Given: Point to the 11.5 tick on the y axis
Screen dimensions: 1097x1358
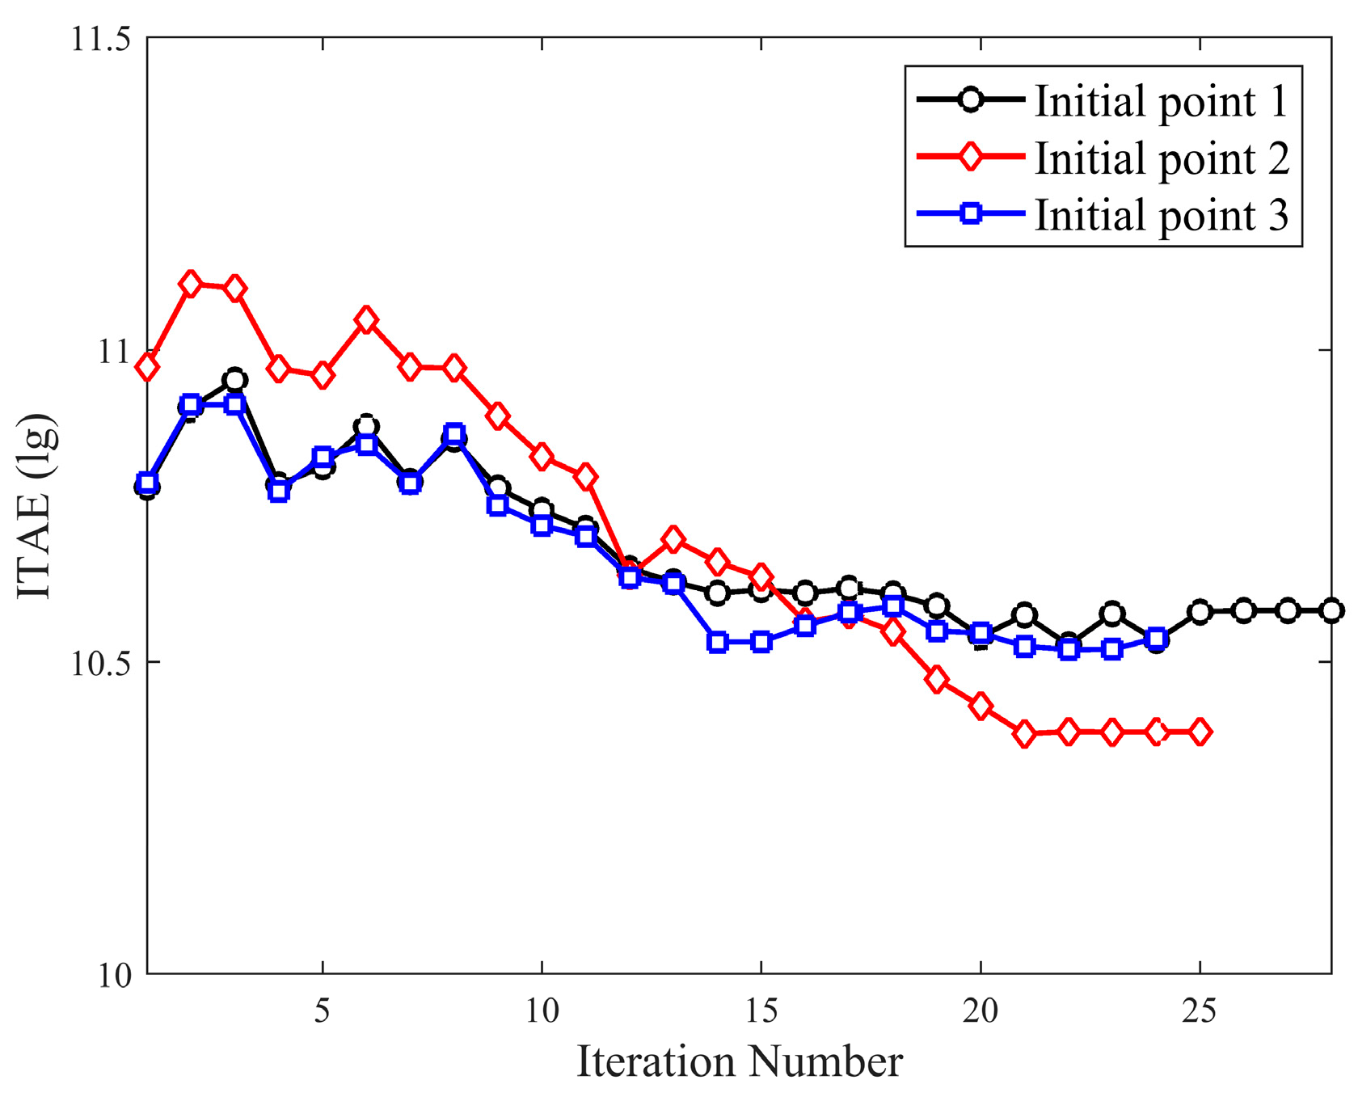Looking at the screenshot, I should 101,39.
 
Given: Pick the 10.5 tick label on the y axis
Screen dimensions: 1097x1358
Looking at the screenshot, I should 101,663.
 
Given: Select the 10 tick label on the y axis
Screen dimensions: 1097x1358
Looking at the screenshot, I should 115,975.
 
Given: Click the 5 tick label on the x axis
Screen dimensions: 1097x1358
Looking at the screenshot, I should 323,1011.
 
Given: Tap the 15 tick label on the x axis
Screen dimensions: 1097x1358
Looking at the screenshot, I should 761,1011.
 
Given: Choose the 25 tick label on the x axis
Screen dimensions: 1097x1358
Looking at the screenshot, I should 1200,1011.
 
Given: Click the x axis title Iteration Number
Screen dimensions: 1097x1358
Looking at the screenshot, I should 739,1061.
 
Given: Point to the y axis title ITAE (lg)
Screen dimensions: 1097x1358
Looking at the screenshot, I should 36,506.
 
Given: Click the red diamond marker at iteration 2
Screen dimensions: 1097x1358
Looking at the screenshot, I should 191,285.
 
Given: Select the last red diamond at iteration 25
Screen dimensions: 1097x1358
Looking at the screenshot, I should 1200,732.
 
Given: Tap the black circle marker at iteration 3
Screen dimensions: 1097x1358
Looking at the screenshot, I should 235,380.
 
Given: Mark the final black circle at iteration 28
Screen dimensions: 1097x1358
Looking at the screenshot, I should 1331,610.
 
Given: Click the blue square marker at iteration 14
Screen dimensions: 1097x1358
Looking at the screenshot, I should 717,643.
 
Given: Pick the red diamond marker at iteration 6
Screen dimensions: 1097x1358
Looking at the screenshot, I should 366,321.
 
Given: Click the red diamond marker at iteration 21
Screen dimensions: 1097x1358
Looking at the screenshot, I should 1024,734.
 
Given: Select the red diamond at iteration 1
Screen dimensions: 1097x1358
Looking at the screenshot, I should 147,367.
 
